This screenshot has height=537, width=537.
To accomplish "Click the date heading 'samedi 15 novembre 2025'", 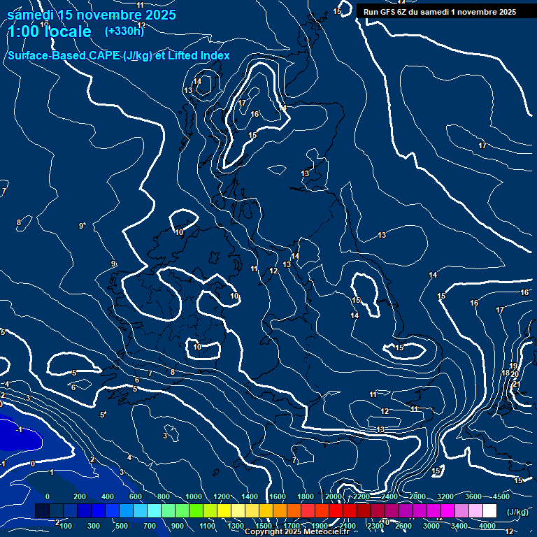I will pyautogui.click(x=91, y=15).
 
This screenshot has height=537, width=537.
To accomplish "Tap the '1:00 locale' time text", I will pyautogui.click(x=49, y=31).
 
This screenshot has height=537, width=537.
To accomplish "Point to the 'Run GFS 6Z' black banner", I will pyautogui.click(x=440, y=11).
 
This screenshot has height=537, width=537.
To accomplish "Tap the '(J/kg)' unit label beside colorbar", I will pyautogui.click(x=517, y=512).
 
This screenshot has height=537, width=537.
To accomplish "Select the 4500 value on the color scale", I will pyautogui.click(x=501, y=496).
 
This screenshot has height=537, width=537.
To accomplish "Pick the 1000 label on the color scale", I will pyautogui.click(x=194, y=496).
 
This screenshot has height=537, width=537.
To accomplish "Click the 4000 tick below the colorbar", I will pyautogui.click(x=487, y=525).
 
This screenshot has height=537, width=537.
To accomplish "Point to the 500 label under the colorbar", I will pyautogui.click(x=122, y=525).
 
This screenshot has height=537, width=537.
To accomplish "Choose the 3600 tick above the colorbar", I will pyautogui.click(x=473, y=496).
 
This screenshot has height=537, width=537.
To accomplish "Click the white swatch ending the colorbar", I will pyautogui.click(x=489, y=511).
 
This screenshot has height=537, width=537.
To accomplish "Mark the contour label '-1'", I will pyautogui.click(x=19, y=429).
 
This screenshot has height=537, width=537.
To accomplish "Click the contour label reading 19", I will pyautogui.click(x=513, y=366).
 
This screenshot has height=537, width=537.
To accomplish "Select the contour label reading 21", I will pyautogui.click(x=517, y=384).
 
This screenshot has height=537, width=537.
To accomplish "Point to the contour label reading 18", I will pyautogui.click(x=506, y=373).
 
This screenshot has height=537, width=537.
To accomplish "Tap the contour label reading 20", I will pyautogui.click(x=515, y=375).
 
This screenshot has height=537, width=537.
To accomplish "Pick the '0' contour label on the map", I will pyautogui.click(x=32, y=463).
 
